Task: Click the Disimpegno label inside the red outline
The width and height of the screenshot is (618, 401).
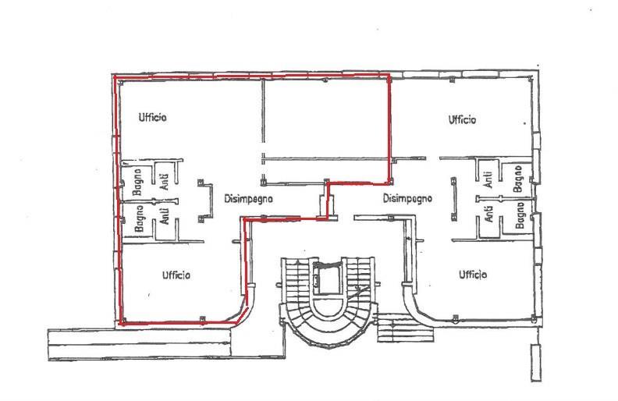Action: [248, 199]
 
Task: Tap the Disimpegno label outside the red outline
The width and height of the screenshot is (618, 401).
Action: [407, 198]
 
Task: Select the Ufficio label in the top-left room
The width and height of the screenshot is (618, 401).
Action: [152, 117]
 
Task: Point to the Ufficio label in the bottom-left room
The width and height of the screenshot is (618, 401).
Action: [176, 275]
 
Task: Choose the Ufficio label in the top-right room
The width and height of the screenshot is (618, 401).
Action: [462, 119]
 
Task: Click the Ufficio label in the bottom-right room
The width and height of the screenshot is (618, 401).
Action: [473, 274]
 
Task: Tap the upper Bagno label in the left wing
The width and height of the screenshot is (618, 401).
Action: [137, 183]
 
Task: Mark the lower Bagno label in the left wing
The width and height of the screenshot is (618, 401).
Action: [139, 218]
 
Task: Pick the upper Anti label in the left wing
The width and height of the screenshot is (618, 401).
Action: [165, 182]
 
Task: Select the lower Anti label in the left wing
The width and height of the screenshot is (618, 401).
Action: [165, 216]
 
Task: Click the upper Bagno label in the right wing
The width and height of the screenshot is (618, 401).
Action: [518, 179]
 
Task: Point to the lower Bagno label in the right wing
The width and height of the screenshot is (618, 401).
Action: [520, 215]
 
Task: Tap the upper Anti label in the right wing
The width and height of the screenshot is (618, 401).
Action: [488, 179]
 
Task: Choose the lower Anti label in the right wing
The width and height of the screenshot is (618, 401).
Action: [488, 214]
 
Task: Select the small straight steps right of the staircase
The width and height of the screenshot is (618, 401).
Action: [406, 328]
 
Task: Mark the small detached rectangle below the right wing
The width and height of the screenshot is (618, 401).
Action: [535, 363]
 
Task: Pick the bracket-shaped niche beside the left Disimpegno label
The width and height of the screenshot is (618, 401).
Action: [205, 201]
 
